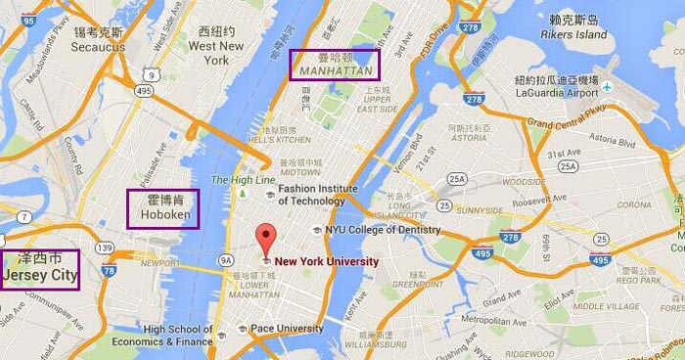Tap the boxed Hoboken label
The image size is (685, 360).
pyautogui.click(x=162, y=207)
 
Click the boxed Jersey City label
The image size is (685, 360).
pyautogui.click(x=40, y=269)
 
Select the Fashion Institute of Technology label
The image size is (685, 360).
pyautogui.click(x=312, y=195)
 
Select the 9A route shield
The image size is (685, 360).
pyautogui.click(x=227, y=259)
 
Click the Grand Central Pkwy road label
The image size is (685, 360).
pyautogui.click(x=568, y=123)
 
